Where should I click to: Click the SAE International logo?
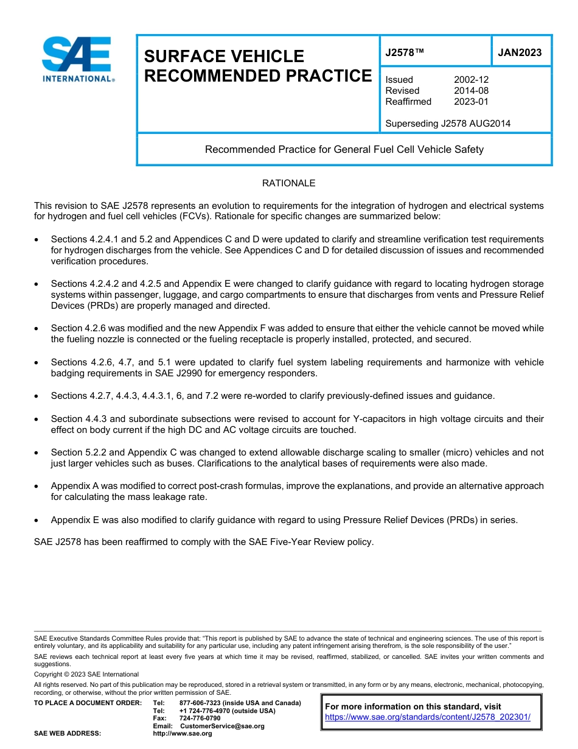pyautogui.click(x=77, y=59)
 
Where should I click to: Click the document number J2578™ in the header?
pyautogui.click(x=404, y=53)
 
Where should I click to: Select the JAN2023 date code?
pyautogui.click(x=520, y=53)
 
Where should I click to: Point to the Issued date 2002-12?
pyautogui.click(x=471, y=80)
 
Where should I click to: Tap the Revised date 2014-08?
pyautogui.click(x=471, y=91)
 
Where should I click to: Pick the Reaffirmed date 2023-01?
pyautogui.click(x=471, y=102)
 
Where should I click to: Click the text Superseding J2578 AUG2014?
pyautogui.click(x=448, y=124)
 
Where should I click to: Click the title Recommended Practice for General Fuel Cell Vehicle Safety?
pyautogui.click(x=344, y=149)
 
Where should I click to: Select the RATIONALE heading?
pyautogui.click(x=288, y=183)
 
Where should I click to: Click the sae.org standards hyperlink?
pyautogui.click(x=428, y=717)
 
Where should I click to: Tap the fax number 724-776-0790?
pyautogui.click(x=200, y=719)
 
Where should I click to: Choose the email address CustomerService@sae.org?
pyautogui.click(x=222, y=726)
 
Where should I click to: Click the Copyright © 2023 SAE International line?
pyautogui.click(x=86, y=674)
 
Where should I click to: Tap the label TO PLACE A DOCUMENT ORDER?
pyautogui.click(x=88, y=703)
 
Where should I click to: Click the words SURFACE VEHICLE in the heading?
pyautogui.click(x=224, y=57)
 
